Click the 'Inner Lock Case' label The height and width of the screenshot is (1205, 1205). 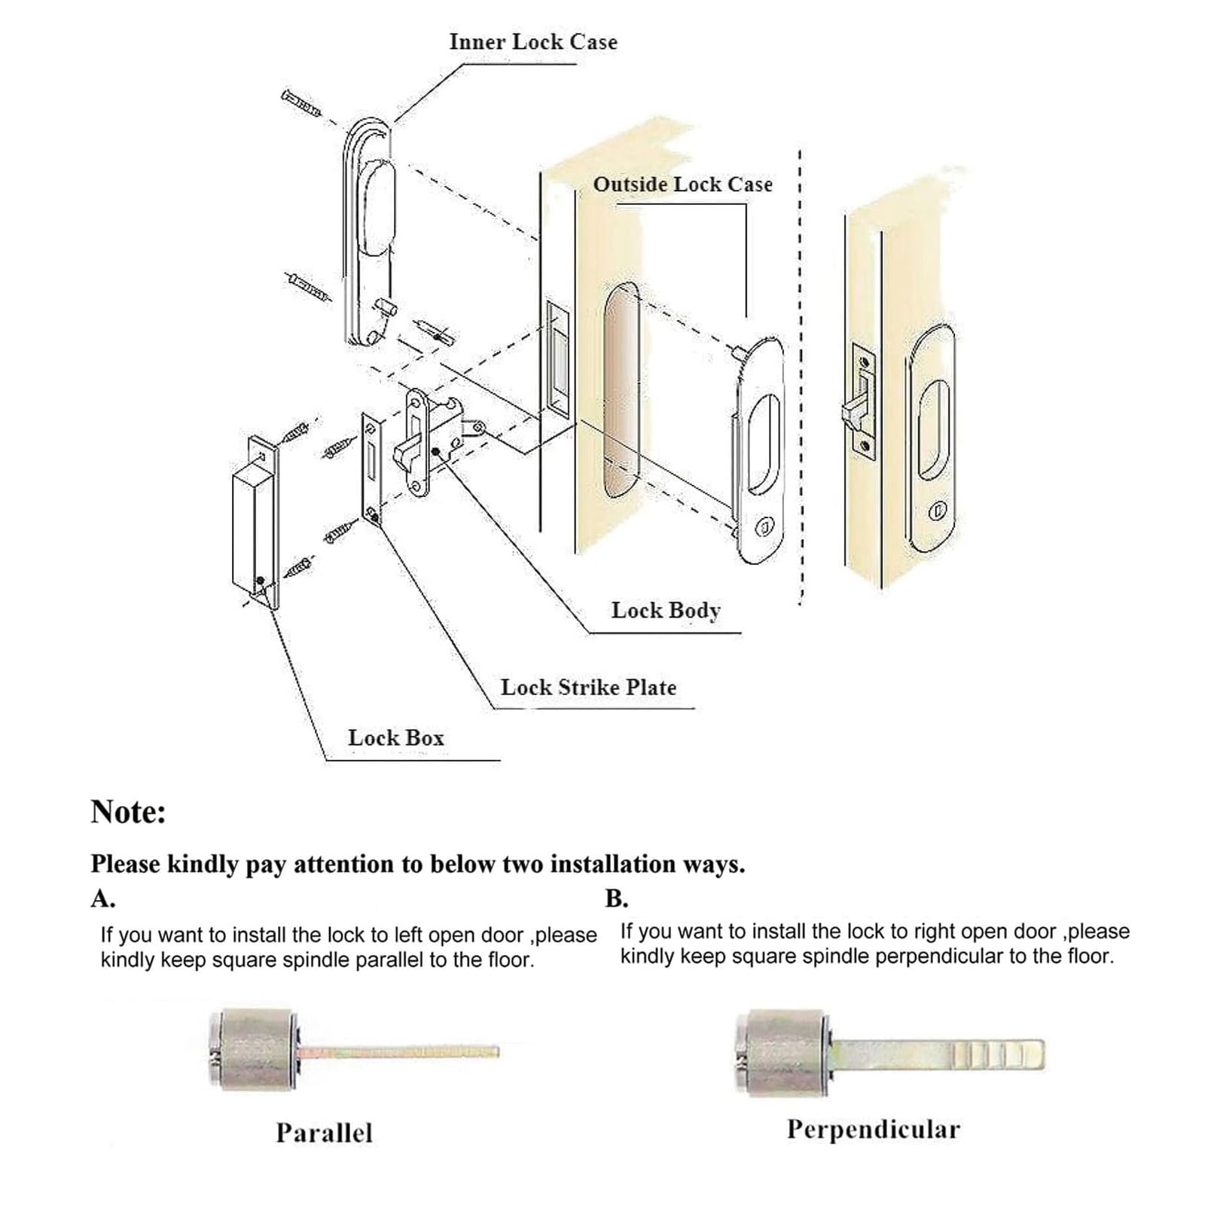[533, 42]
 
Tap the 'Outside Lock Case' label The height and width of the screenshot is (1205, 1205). [682, 185]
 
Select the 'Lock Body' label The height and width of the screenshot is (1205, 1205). [666, 610]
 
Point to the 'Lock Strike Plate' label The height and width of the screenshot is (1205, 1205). [588, 687]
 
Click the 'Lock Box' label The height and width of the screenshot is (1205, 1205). [396, 737]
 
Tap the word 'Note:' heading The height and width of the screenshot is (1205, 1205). [128, 812]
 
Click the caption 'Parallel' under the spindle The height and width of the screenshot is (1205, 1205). [324, 1133]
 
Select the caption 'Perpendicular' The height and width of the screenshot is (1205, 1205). [874, 1129]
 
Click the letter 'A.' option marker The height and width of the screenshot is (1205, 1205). [103, 898]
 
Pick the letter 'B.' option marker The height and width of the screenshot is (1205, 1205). [616, 898]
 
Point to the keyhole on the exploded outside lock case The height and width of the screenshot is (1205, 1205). [763, 525]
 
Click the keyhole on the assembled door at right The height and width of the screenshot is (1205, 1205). [936, 511]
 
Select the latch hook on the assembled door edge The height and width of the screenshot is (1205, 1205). [855, 411]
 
